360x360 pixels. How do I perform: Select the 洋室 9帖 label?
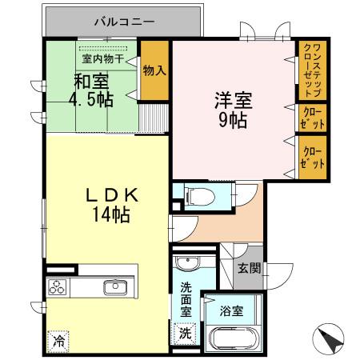[x=232, y=111]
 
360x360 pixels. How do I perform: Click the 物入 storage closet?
[x=154, y=70]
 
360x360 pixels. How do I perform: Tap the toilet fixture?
[x=195, y=194]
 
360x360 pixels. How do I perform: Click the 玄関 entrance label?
[x=248, y=268]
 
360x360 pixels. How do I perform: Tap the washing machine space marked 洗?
[x=185, y=333]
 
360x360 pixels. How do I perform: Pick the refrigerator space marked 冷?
[x=59, y=340]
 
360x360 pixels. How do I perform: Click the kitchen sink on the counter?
[x=115, y=287]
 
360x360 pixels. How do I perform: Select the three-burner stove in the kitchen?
[x=59, y=288]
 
